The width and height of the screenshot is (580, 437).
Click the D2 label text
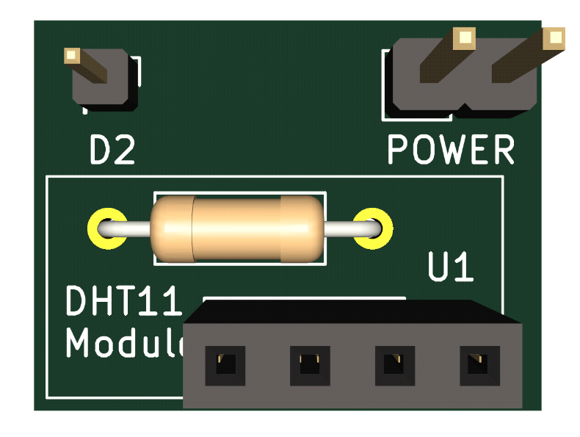click(x=112, y=151)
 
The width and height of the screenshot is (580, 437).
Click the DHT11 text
click(x=122, y=302)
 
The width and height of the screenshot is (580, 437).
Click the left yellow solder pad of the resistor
click(x=106, y=229)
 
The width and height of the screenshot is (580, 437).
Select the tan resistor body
click(x=236, y=229)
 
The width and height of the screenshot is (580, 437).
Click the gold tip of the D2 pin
click(x=72, y=55)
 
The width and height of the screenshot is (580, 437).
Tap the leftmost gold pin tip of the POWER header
click(x=463, y=37)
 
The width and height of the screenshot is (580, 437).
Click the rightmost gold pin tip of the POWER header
click(x=554, y=37)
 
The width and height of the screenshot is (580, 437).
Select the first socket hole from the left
click(x=225, y=364)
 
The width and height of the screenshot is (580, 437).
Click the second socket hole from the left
click(x=310, y=364)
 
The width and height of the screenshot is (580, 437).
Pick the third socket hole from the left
click(x=395, y=364)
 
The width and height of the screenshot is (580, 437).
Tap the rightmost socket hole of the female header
click(x=479, y=364)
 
